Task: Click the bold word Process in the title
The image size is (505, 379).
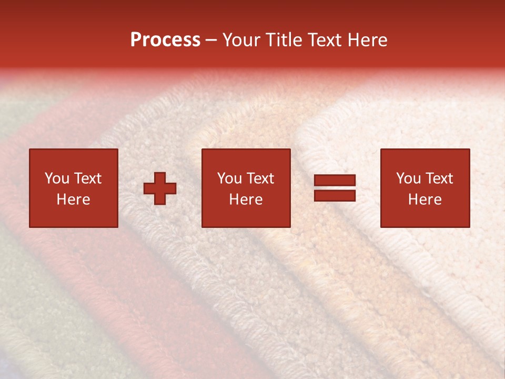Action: click(x=165, y=40)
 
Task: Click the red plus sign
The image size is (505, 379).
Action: click(x=160, y=188)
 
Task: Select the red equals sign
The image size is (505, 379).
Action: click(x=335, y=188)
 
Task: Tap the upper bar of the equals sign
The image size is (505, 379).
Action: click(x=335, y=181)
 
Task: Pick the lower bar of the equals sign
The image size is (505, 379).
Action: click(x=335, y=195)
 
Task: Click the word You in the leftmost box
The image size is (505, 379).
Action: click(x=57, y=178)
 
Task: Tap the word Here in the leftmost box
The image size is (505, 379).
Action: click(x=74, y=200)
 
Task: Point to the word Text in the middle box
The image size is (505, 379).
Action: click(x=260, y=178)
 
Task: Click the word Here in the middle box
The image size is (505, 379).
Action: click(x=246, y=200)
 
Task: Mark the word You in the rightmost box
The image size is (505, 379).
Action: click(x=409, y=178)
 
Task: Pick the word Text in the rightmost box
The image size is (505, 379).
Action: click(x=439, y=178)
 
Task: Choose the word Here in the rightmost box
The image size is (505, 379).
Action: click(x=425, y=200)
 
